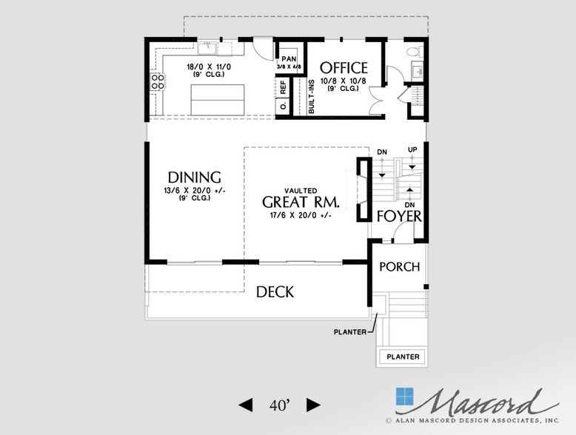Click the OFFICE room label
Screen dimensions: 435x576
click(x=344, y=68)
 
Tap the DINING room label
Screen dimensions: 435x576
click(x=194, y=178)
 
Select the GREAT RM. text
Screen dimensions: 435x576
click(x=301, y=202)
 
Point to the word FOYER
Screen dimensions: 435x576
click(x=399, y=217)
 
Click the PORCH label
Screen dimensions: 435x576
click(x=399, y=267)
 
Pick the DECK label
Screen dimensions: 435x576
click(x=275, y=292)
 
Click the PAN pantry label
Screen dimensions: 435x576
click(x=288, y=58)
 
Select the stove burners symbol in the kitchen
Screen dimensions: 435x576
click(x=157, y=81)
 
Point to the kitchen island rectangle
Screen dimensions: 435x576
click(x=218, y=98)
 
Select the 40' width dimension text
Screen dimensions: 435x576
click(x=280, y=405)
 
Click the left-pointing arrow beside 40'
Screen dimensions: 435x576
click(x=244, y=405)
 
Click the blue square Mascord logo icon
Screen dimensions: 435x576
click(x=406, y=397)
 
